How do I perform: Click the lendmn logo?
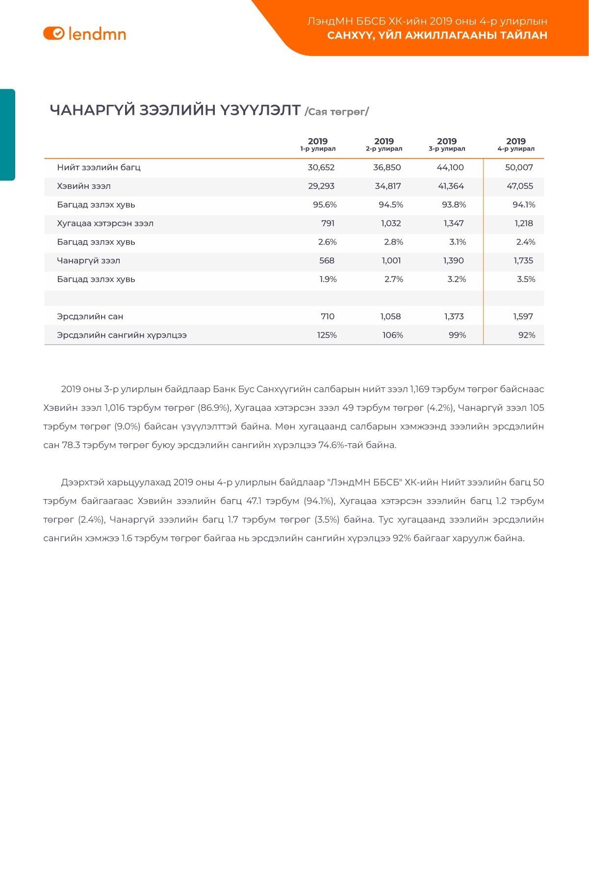click(84, 33)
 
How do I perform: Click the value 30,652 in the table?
click(321, 167)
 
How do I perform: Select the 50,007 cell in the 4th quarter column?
click(519, 167)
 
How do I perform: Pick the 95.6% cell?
click(325, 204)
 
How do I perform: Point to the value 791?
click(328, 223)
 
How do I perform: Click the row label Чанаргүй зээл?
click(88, 260)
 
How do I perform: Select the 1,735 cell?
click(523, 260)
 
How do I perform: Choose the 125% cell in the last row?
click(327, 335)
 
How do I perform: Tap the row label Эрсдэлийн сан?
click(90, 316)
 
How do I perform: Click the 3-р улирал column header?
click(446, 145)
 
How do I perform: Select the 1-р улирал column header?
click(318, 145)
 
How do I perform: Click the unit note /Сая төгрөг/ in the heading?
click(336, 112)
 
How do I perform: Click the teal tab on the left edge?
click(7, 135)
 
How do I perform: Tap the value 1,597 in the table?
click(523, 316)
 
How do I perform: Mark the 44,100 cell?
click(450, 167)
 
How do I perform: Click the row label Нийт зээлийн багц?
click(99, 167)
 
